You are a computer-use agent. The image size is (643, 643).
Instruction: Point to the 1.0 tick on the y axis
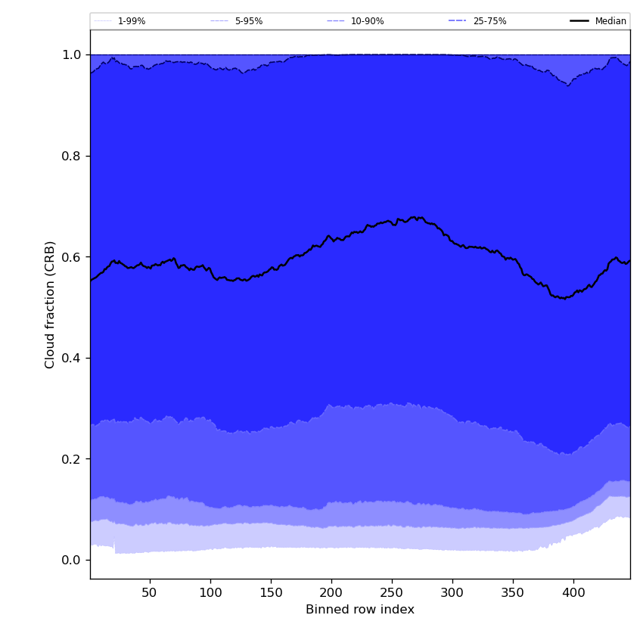[72, 55]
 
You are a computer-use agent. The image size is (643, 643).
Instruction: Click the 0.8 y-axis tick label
[72, 156]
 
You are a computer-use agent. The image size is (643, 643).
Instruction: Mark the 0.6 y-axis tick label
[72, 257]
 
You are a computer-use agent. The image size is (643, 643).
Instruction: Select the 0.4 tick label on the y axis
[72, 358]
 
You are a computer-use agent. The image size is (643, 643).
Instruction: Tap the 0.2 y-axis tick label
[72, 459]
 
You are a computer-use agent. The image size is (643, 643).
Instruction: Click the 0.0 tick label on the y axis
[72, 560]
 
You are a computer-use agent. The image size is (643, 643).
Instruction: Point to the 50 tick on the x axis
[150, 592]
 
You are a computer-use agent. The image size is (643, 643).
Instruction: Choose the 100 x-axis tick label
[210, 592]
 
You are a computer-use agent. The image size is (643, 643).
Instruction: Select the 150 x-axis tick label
[271, 592]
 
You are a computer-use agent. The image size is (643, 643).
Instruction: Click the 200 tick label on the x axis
[331, 592]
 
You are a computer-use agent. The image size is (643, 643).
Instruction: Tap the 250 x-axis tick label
[392, 592]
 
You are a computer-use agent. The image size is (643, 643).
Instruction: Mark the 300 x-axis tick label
[452, 592]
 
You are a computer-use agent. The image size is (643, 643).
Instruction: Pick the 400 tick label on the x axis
[573, 592]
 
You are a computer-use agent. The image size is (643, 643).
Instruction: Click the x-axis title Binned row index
[360, 610]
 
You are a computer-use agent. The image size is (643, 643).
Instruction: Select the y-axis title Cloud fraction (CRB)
[51, 304]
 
